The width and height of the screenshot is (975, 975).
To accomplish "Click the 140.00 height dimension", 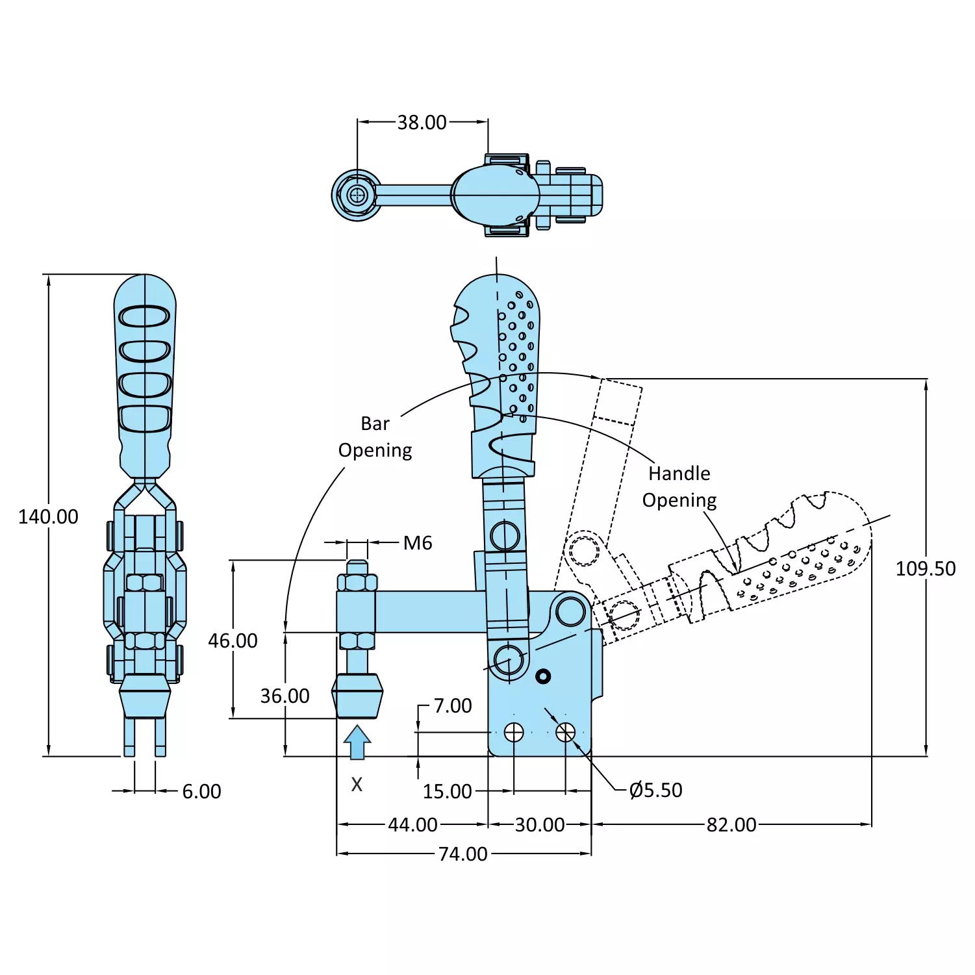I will tap(48, 517).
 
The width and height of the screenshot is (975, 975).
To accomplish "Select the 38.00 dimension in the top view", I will tap(422, 122).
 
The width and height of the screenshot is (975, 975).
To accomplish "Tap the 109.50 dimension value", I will tap(925, 569).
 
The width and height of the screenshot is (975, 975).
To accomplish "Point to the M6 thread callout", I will tap(417, 543).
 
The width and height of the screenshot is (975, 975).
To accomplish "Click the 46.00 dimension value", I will tap(233, 641).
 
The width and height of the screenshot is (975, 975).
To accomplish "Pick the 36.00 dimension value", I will tap(285, 696).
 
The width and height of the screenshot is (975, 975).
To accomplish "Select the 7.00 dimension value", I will tap(452, 706).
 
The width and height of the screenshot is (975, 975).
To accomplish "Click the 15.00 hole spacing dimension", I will tap(447, 792).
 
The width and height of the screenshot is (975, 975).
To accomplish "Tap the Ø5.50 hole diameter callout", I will tap(656, 791).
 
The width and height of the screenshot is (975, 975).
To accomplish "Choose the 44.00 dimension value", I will tap(412, 825).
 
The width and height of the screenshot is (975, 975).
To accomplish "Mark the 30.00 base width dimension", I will tap(539, 825).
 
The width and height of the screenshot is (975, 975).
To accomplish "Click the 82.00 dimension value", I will tap(731, 825).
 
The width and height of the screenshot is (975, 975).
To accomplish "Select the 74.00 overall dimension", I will tap(462, 854).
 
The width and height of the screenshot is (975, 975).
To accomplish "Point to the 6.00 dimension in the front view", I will tap(201, 792).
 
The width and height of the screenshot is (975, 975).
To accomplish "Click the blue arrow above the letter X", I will tap(357, 742).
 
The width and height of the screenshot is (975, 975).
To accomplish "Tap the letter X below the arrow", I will tap(357, 785).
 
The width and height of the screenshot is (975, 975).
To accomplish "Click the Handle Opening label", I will tap(679, 487).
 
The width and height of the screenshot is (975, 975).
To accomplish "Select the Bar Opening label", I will tap(375, 437).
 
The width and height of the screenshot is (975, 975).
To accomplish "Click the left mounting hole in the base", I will tap(514, 733).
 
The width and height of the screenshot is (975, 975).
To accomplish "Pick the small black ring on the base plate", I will tap(543, 677).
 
